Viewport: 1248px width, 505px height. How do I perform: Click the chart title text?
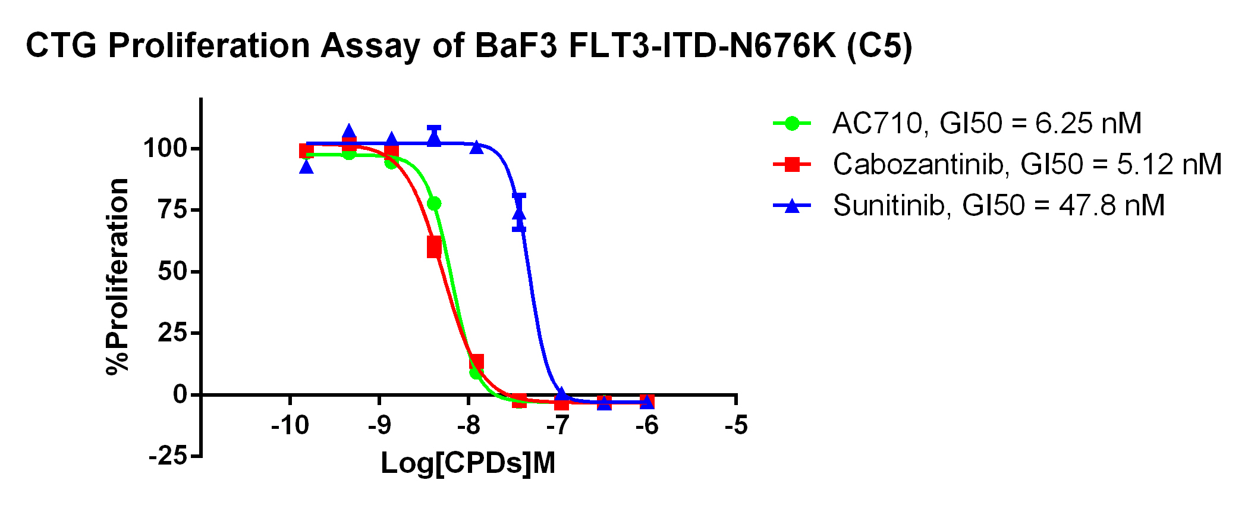pos(469,46)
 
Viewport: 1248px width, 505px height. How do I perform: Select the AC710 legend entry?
pos(986,124)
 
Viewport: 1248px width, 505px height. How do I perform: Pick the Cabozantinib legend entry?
pos(1027,164)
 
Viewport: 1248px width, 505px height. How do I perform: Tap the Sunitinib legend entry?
pos(998,206)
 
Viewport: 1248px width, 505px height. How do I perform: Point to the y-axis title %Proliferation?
pos(118,277)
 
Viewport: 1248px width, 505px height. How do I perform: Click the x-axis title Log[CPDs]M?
pos(468,463)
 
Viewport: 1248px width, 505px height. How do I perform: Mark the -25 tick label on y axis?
pos(167,457)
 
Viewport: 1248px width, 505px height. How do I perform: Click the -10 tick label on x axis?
pos(290,426)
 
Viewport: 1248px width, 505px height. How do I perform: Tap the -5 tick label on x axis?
pos(736,426)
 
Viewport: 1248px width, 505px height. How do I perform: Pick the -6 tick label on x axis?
pos(647,426)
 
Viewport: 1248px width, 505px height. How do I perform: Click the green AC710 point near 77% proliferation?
pos(434,203)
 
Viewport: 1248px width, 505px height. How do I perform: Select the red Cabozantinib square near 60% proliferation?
pos(434,247)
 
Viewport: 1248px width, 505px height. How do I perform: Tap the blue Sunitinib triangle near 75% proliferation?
pos(519,212)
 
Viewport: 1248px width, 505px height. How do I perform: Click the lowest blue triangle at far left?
pos(306,167)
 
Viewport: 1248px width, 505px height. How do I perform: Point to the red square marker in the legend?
pos(792,164)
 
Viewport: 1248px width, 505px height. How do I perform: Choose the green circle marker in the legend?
pos(792,124)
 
